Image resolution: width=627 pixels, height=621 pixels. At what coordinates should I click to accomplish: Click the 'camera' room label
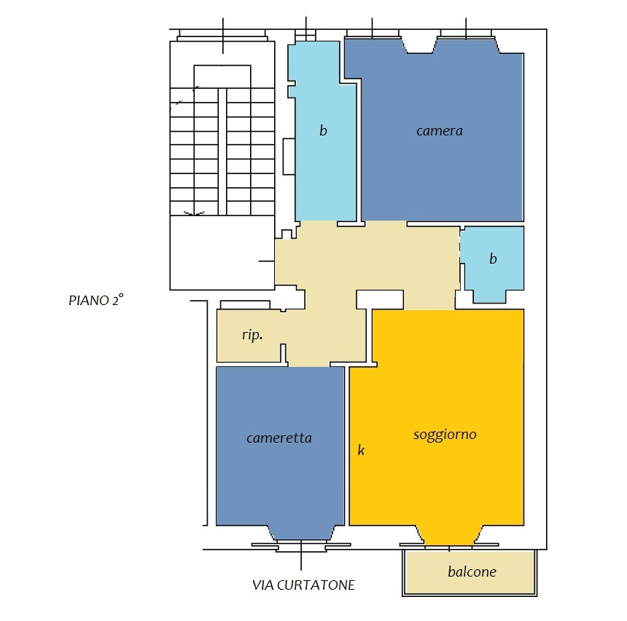[x=439, y=131]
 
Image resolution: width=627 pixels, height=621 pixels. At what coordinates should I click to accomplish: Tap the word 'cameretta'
[x=279, y=438]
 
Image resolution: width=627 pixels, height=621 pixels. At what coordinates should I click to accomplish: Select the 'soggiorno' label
[x=445, y=435]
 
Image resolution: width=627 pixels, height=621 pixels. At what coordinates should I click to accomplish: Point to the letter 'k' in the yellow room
[x=361, y=450]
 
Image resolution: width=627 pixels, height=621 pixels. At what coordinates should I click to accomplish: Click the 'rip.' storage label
[x=252, y=335]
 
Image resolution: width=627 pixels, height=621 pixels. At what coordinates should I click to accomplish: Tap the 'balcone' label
[x=472, y=571]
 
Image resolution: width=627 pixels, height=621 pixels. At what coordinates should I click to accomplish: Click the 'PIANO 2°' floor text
[x=96, y=299]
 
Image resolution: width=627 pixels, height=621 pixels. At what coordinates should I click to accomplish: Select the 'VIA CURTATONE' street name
[x=303, y=585]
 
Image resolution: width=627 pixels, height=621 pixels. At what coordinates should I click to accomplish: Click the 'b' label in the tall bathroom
[x=323, y=130]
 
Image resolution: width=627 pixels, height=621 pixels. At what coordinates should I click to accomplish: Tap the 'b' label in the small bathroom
[x=493, y=258]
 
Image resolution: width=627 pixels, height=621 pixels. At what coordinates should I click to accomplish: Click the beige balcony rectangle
[x=470, y=572]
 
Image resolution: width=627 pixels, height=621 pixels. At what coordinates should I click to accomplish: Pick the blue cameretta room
[x=280, y=447]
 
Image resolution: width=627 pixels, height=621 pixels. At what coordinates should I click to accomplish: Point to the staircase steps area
[x=222, y=151]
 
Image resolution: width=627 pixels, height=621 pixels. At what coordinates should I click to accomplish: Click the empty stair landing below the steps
[x=222, y=253]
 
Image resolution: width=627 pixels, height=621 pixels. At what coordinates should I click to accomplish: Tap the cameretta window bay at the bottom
[x=301, y=533]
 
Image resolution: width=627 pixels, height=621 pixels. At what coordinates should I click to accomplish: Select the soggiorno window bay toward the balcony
[x=449, y=536]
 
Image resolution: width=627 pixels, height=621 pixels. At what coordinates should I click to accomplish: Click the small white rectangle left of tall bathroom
[x=289, y=156]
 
